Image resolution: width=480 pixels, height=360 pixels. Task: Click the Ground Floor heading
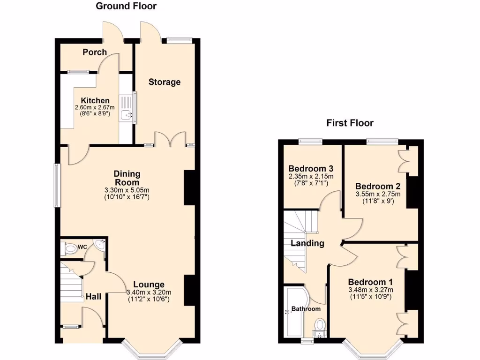(x=126, y=6)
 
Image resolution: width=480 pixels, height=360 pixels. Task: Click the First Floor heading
(x=350, y=123)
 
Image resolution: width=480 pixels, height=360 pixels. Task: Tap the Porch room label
(x=95, y=52)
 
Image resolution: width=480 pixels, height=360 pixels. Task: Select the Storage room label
(x=165, y=82)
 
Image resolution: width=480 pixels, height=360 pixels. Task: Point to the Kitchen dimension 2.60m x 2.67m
(x=95, y=107)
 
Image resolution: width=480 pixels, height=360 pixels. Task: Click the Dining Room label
(x=127, y=178)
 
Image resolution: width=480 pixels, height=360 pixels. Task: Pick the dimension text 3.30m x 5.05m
(x=127, y=190)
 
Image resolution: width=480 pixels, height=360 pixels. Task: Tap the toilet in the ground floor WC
(x=70, y=248)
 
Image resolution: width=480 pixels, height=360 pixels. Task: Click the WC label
(x=82, y=246)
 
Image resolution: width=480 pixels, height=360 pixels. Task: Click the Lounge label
(x=149, y=285)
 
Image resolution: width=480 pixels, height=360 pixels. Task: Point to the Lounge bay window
(x=152, y=350)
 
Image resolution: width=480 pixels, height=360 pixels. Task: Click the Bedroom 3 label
(x=311, y=169)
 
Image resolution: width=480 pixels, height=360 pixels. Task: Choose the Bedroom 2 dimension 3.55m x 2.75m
(x=378, y=194)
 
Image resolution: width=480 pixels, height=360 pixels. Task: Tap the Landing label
(x=307, y=243)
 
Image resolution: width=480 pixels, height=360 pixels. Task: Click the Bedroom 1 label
(x=370, y=282)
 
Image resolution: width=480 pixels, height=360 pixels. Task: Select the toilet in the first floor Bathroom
(x=320, y=324)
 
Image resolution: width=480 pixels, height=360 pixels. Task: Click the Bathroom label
(x=306, y=309)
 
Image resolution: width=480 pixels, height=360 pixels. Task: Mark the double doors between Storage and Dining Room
(x=168, y=140)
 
